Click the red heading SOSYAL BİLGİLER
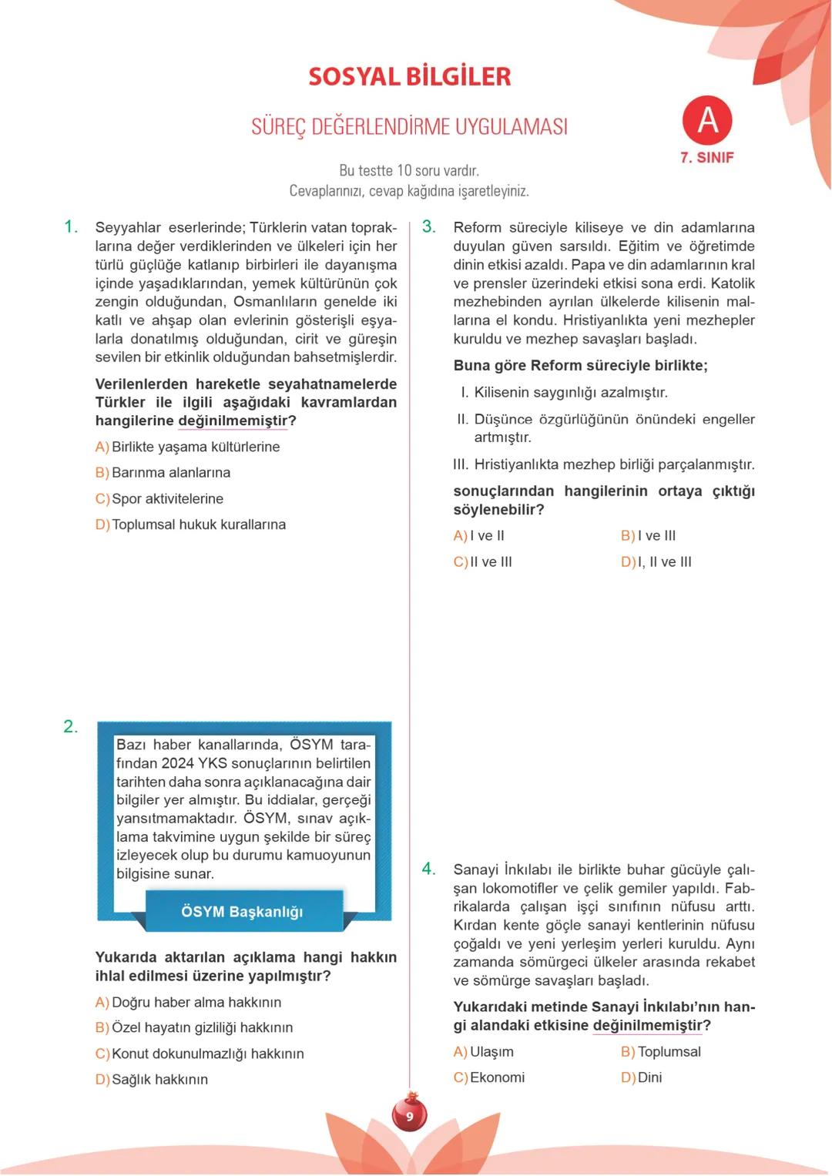[x=409, y=77]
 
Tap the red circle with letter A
[x=706, y=121]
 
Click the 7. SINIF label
[x=706, y=158]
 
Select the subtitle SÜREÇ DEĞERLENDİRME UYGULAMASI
[x=409, y=127]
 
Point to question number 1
[x=71, y=227]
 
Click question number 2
[x=71, y=727]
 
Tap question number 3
[x=429, y=227]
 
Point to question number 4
[x=429, y=869]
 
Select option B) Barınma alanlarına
[x=163, y=473]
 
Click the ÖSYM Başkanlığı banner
[x=243, y=912]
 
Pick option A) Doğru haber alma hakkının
[x=188, y=1003]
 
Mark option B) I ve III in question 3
[x=648, y=536]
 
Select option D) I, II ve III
[x=656, y=562]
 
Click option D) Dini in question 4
[x=641, y=1077]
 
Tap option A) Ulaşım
[x=483, y=1052]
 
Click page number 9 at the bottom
[x=409, y=1116]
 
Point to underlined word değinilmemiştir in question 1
[x=233, y=421]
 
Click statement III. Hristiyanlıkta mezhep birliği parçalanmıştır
[x=604, y=464]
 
